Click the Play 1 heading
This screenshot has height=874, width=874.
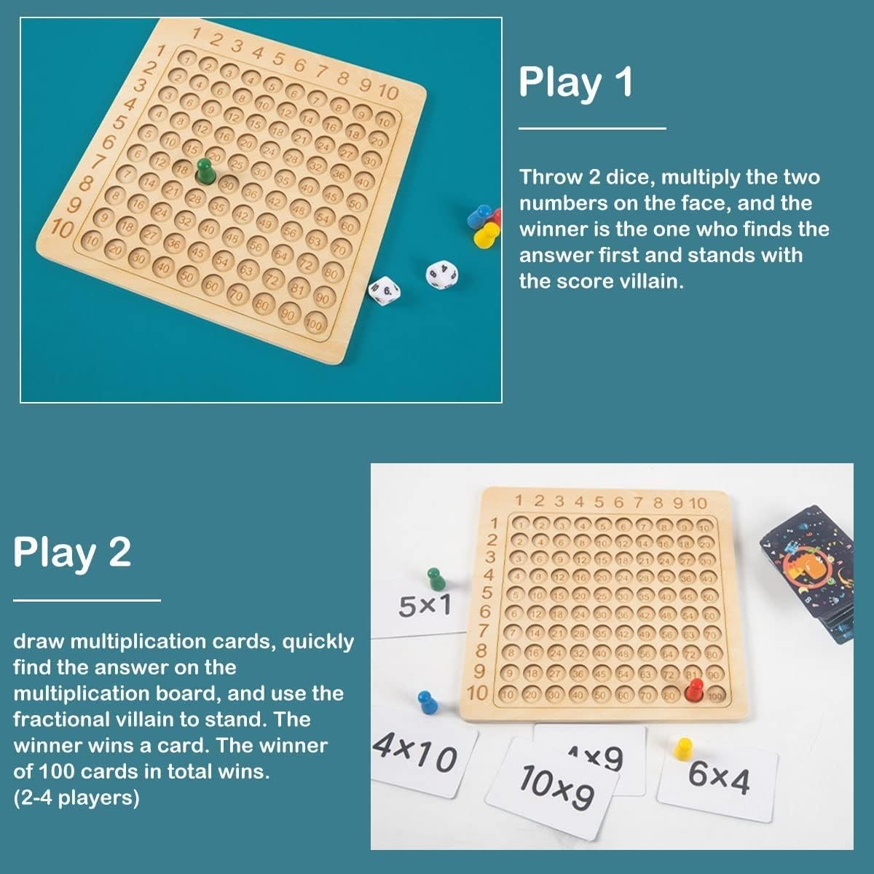[575, 83]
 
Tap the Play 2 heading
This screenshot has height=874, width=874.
[72, 553]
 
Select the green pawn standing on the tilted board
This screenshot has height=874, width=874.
[205, 172]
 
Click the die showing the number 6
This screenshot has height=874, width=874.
[384, 289]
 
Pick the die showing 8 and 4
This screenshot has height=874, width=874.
[442, 275]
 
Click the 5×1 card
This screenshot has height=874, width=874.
[425, 606]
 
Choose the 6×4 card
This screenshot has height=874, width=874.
[718, 778]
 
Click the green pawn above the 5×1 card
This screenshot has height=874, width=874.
[434, 580]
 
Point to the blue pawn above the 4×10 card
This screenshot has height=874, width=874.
[426, 704]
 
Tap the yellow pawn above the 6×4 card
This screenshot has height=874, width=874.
[683, 750]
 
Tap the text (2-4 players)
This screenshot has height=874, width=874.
[76, 798]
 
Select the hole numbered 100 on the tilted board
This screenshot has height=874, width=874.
[314, 323]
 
